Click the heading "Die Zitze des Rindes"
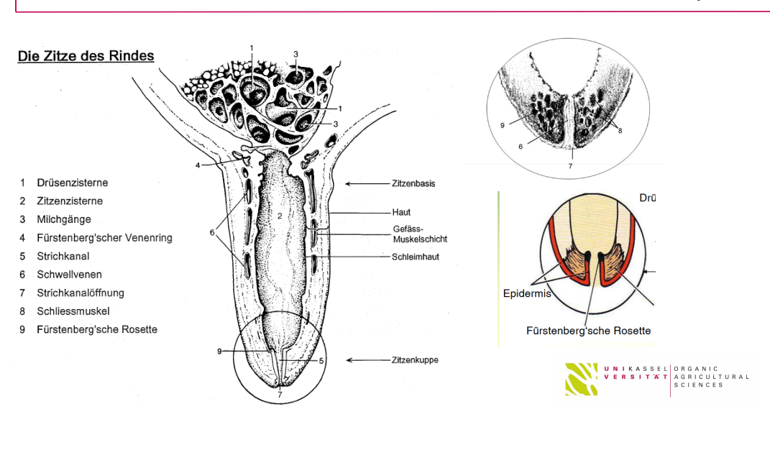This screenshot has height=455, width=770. (x=86, y=56)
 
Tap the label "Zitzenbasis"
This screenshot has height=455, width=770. (x=413, y=183)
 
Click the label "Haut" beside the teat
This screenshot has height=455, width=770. (x=401, y=213)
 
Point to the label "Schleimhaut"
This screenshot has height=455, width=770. (x=416, y=257)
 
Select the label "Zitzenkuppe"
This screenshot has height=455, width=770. (x=415, y=360)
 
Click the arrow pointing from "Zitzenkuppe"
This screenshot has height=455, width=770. (x=368, y=360)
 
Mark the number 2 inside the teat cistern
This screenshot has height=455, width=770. (x=280, y=216)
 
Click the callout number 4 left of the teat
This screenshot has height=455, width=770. (x=198, y=165)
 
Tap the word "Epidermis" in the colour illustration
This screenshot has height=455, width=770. (x=527, y=293)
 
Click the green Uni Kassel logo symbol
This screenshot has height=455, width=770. (x=582, y=379)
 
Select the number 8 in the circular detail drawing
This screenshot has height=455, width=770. (x=620, y=131)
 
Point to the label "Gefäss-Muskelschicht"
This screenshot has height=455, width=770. (x=420, y=234)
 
